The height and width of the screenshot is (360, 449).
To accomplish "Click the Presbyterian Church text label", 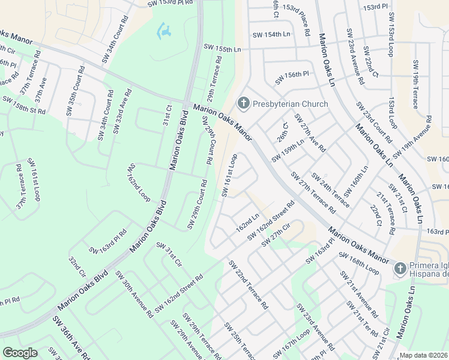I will click(291, 104).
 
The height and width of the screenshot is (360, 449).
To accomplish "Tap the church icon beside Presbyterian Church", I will click(244, 104).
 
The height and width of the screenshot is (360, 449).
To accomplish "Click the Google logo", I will click(20, 353).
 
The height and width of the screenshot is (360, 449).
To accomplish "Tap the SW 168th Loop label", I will click(359, 263).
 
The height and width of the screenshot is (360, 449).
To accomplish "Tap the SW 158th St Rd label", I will click(24, 105).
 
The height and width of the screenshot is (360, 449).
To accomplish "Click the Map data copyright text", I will click(424, 355).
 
